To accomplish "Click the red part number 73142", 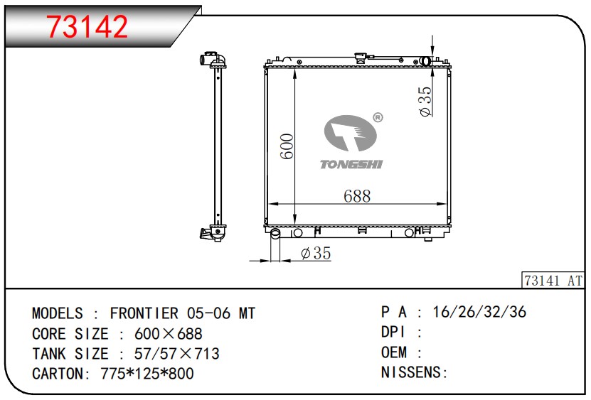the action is click(87, 26).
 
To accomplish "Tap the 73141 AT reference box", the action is click(553, 280).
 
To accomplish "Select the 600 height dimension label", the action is click(287, 146).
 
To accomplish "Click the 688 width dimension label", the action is click(357, 196).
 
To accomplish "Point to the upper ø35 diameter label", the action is click(425, 102).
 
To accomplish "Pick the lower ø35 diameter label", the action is click(316, 253).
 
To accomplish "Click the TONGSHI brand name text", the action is click(351, 164).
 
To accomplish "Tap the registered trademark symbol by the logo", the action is click(378, 117).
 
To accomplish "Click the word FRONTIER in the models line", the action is click(144, 313).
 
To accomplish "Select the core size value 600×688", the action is click(168, 334).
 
